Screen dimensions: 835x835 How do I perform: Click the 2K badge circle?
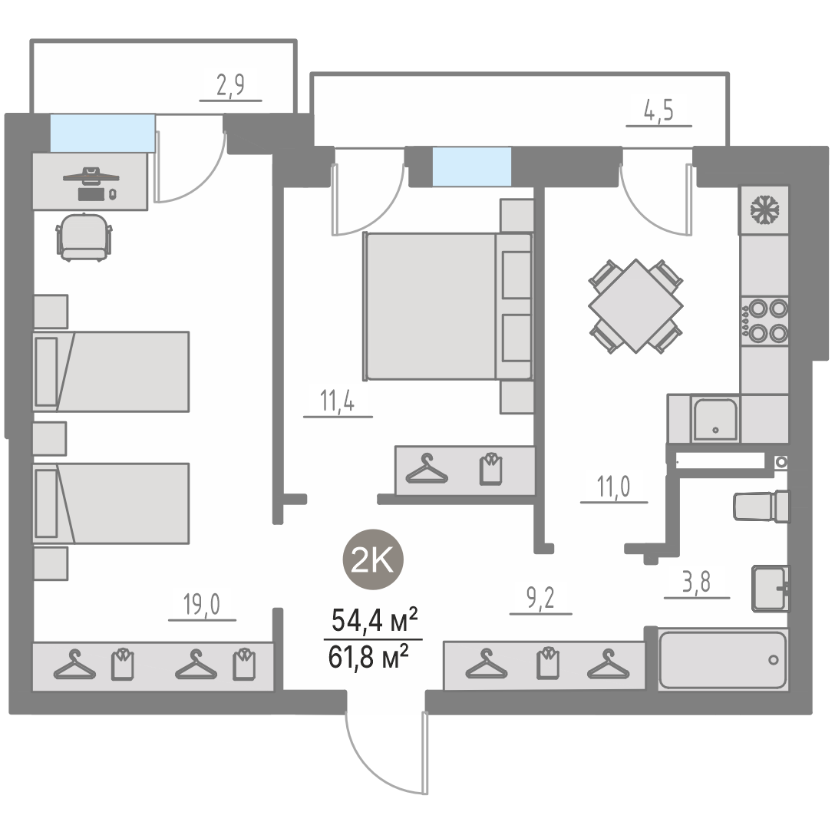click(373, 559)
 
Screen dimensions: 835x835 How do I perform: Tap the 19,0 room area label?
click(201, 605)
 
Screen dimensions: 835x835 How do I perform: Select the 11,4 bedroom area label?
click(337, 401)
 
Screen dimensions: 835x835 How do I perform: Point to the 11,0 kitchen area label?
click(613, 487)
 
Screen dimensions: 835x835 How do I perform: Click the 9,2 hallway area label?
click(540, 599)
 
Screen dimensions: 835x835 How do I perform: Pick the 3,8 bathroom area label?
click(697, 583)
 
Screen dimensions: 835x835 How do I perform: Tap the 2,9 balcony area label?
click(230, 85)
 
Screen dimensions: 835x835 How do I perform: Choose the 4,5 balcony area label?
click(658, 111)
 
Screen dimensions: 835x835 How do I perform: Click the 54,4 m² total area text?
click(374, 620)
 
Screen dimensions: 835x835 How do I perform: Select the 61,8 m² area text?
click(368, 657)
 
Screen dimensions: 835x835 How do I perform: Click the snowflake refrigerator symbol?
click(764, 210)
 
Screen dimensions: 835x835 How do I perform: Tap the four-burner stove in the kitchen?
click(764, 321)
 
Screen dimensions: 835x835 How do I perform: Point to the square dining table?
click(635, 306)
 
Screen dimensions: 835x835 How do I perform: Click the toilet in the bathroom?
click(761, 506)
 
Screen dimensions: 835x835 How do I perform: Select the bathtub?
click(723, 660)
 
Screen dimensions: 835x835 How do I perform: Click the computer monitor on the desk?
click(91, 176)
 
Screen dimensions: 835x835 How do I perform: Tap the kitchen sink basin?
click(715, 420)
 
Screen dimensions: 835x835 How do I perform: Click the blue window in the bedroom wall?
click(472, 167)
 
